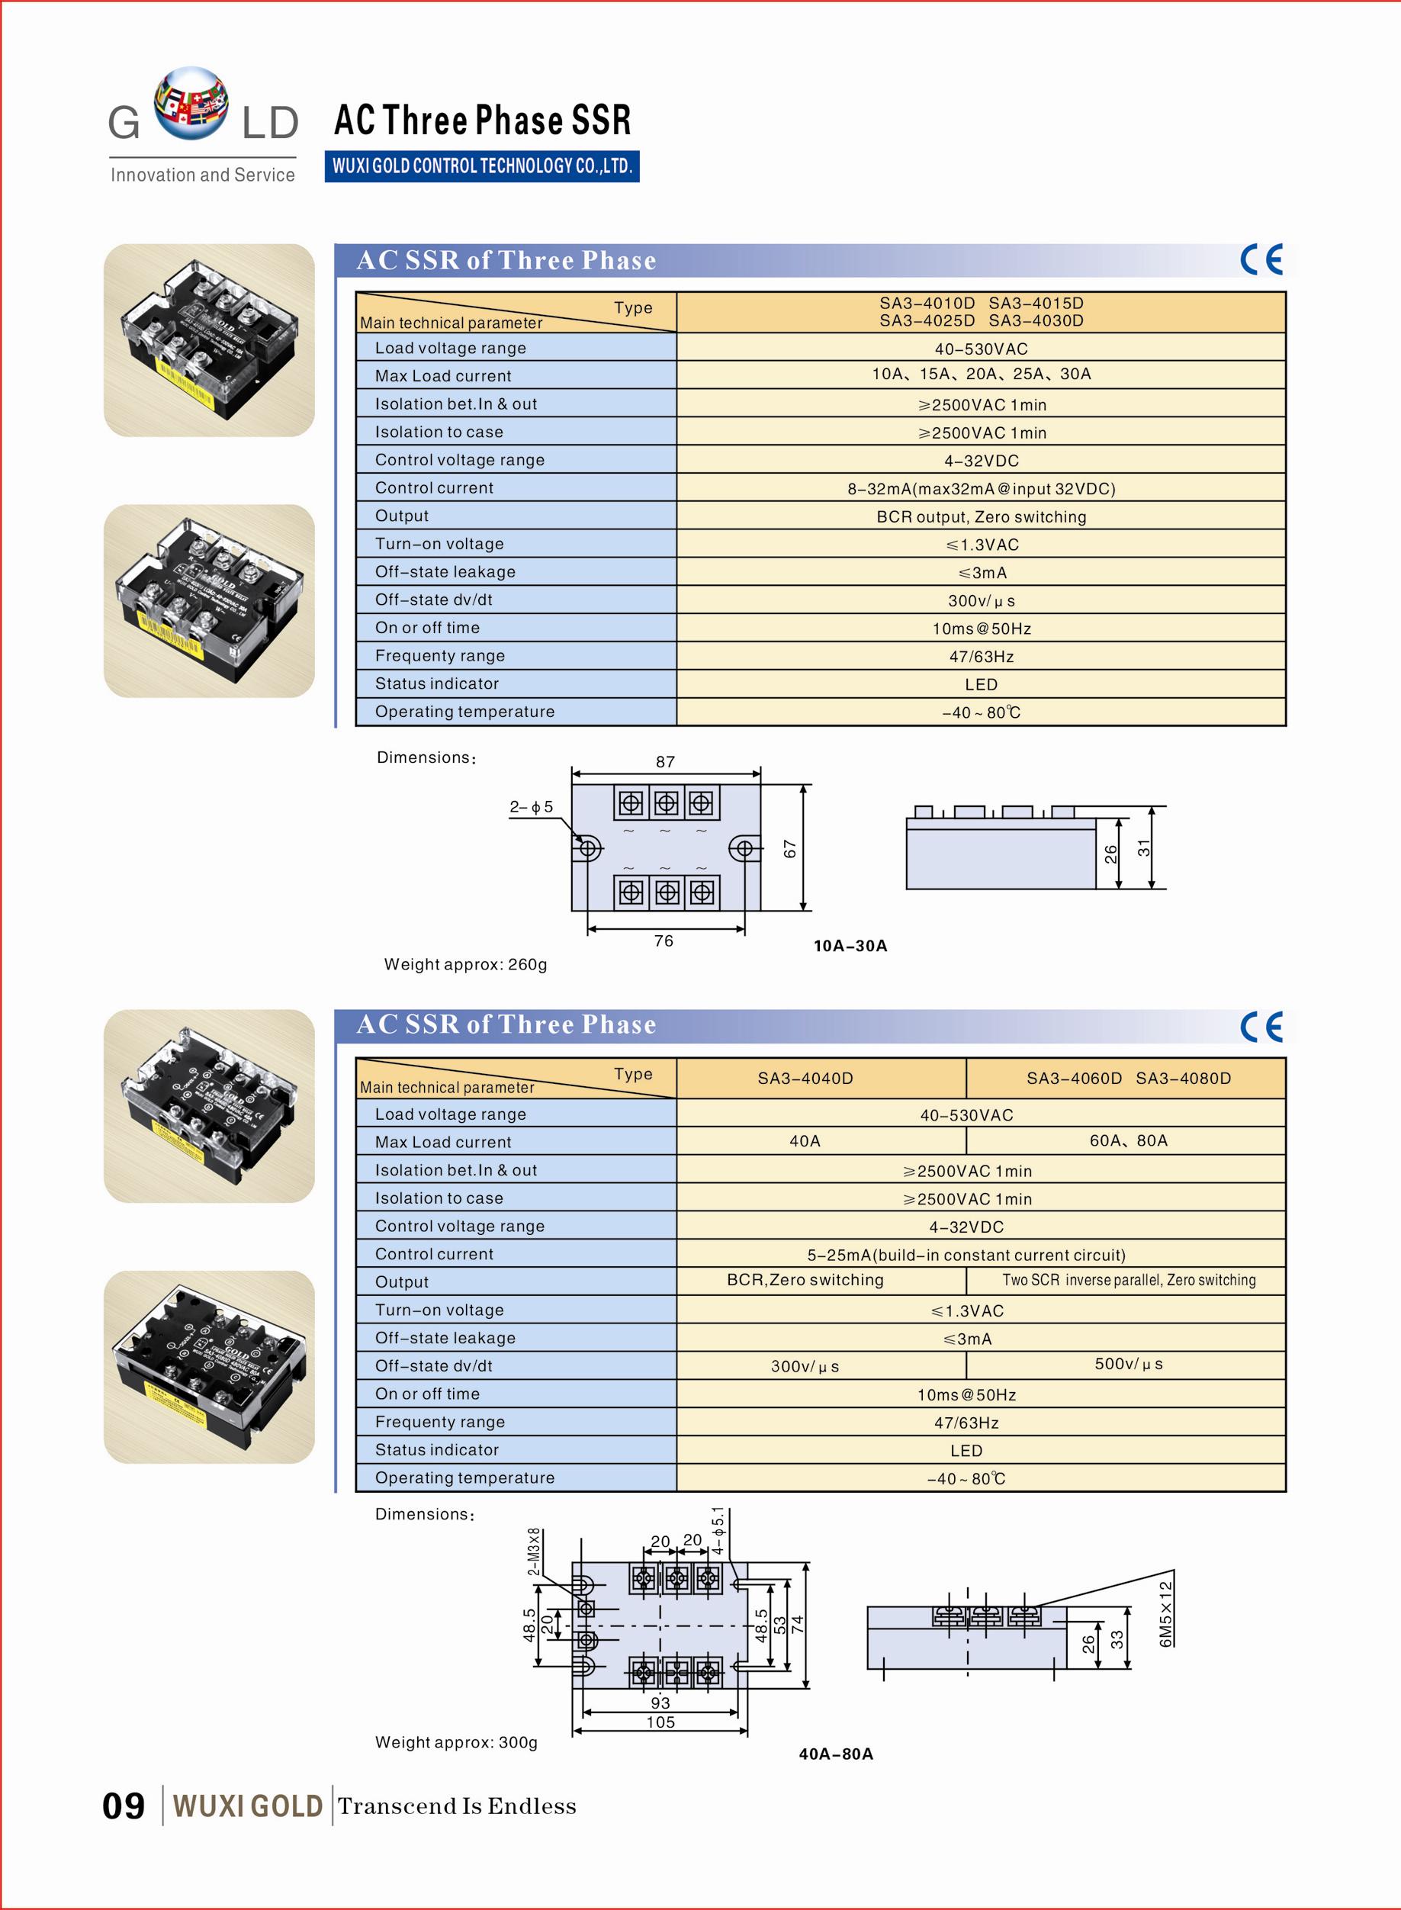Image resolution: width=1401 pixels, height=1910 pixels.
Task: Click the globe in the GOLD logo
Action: tap(191, 103)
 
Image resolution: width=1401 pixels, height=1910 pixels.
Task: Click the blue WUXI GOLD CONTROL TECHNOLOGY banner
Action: tap(482, 166)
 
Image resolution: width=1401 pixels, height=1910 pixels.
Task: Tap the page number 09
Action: tap(123, 1805)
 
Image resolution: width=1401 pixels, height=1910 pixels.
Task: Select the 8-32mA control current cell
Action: tap(982, 488)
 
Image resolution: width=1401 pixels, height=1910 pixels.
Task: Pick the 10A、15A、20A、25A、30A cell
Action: tap(982, 374)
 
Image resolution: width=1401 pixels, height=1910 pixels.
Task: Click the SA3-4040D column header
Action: tap(805, 1078)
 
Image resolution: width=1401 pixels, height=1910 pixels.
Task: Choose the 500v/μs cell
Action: tap(1128, 1364)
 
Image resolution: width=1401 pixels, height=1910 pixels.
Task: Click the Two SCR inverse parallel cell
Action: tap(1128, 1280)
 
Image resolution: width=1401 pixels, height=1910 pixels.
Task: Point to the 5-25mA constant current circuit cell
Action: tap(966, 1255)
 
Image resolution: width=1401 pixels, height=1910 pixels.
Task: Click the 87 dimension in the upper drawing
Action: tap(665, 761)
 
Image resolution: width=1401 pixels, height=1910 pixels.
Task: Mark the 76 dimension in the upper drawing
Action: tap(664, 941)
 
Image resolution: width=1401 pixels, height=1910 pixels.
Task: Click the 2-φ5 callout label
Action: tap(531, 806)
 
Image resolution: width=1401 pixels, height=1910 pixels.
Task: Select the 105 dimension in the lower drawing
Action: tap(660, 1722)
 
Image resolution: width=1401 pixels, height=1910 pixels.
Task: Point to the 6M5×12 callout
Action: tap(1165, 1613)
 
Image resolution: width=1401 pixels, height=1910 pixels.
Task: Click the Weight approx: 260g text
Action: tap(465, 964)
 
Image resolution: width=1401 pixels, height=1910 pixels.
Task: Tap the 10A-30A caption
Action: tap(850, 946)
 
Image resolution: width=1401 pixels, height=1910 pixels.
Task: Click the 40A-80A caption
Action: tap(835, 1754)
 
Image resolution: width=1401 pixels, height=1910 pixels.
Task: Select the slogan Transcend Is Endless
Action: tap(457, 1805)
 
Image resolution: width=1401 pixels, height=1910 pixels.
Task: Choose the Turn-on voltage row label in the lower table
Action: tap(439, 1310)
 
